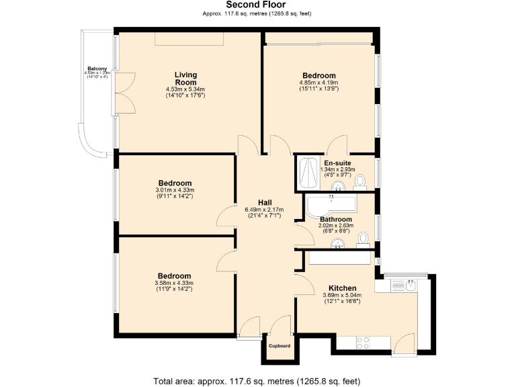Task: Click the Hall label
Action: (265, 202)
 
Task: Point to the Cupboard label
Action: (279, 346)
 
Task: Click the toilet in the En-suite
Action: (360, 181)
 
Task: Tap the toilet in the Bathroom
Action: (363, 239)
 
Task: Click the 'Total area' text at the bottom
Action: (257, 380)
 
